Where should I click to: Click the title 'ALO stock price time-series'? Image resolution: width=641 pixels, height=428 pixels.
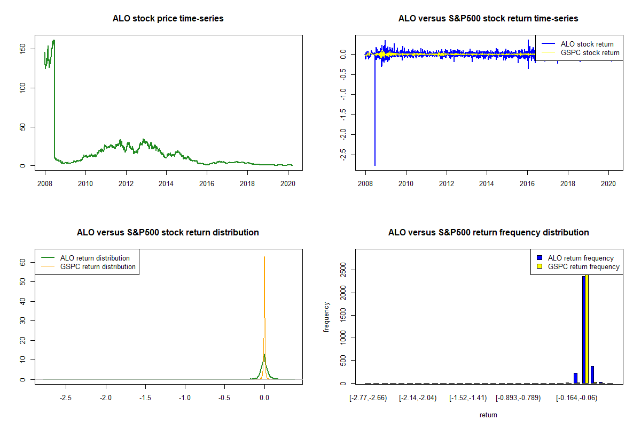pos(168,19)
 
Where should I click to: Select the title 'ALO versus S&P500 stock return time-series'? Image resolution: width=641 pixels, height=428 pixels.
pos(488,19)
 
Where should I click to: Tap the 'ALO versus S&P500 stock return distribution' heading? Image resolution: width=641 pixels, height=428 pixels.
pos(168,233)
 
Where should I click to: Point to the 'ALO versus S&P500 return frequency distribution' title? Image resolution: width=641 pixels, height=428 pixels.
pos(488,233)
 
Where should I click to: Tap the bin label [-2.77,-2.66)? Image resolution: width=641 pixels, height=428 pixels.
pos(368,398)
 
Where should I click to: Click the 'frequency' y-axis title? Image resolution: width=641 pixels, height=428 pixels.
pos(326,317)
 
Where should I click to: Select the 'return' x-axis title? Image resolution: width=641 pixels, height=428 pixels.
pos(488,415)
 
